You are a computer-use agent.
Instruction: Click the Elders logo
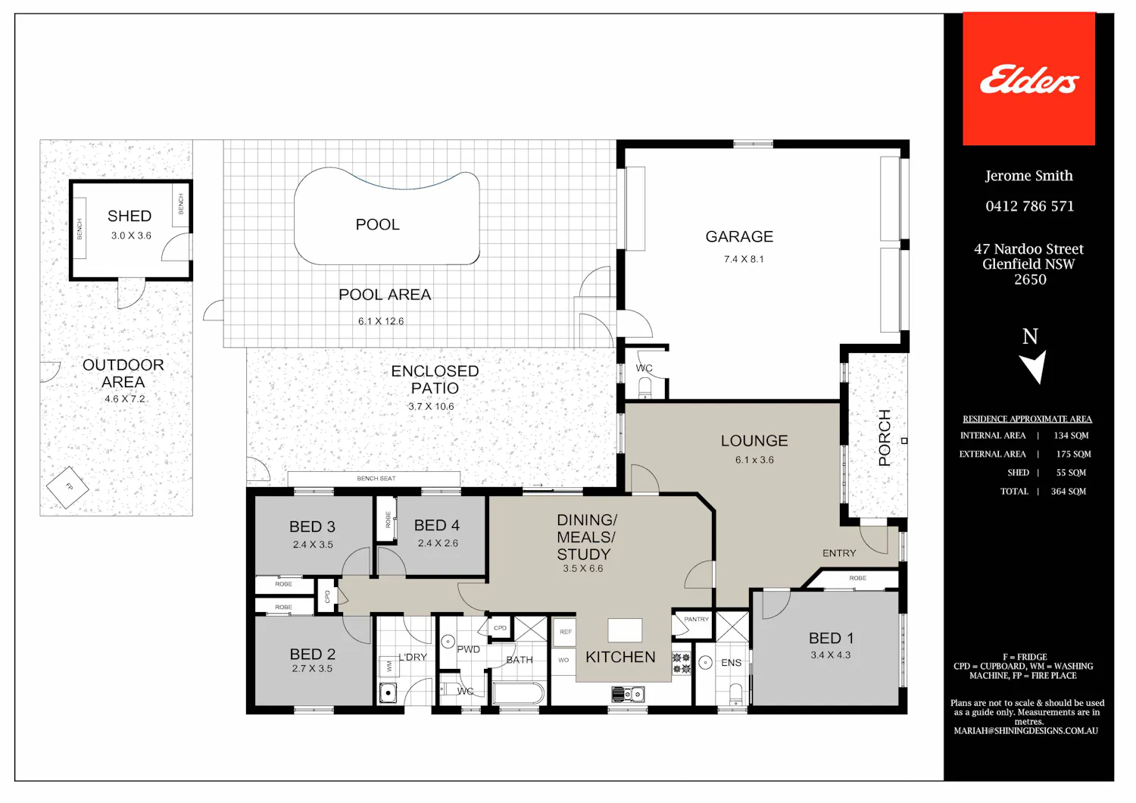[x=1029, y=80]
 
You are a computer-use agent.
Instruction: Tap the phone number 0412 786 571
[x=1029, y=206]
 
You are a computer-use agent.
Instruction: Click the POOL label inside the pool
[x=377, y=224]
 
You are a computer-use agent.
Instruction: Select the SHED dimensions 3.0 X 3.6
[x=131, y=236]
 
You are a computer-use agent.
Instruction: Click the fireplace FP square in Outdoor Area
[x=67, y=487]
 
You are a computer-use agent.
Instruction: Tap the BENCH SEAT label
[x=376, y=478]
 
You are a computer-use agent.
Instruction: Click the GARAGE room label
[x=739, y=236]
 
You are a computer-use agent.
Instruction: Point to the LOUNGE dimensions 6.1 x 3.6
[x=754, y=460]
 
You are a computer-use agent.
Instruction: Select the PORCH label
[x=885, y=437]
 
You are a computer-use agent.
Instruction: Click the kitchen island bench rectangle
[x=625, y=630]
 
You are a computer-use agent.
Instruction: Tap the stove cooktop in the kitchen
[x=681, y=664]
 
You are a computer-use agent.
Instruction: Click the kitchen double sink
[x=628, y=693]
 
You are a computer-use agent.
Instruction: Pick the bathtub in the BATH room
[x=518, y=693]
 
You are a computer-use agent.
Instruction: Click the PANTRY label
[x=696, y=620]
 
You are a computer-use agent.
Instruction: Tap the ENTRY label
[x=839, y=553]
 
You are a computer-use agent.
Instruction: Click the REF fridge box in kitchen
[x=565, y=632]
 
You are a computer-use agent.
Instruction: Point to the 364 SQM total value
[x=1069, y=491]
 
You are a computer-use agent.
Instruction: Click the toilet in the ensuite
[x=735, y=693]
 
